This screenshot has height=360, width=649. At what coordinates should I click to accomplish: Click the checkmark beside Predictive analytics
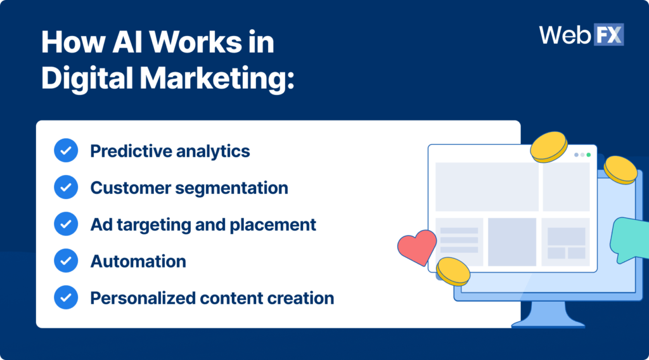pos(66,151)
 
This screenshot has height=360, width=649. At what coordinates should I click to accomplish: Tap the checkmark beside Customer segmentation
pos(66,188)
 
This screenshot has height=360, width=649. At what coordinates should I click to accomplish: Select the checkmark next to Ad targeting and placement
pos(66,224)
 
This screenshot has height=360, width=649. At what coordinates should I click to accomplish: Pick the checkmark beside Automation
pos(66,260)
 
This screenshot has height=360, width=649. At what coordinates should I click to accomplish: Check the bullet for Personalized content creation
pos(66,297)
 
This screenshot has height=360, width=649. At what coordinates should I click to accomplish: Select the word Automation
pos(138,261)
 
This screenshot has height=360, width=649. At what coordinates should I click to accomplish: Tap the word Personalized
pos(141,298)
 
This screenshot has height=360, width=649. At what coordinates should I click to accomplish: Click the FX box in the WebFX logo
pos(608,34)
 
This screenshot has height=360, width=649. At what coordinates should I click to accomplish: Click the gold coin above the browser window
pos(549,146)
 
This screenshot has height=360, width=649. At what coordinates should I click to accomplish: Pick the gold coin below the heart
pos(453,271)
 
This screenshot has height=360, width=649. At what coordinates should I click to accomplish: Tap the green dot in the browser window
pos(588,155)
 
